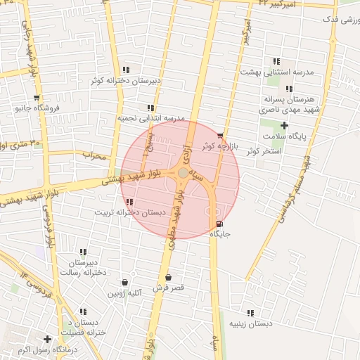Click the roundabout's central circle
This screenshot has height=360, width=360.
[183, 172]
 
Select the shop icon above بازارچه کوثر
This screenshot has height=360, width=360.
[220, 136]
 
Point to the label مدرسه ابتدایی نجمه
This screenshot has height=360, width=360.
[150, 118]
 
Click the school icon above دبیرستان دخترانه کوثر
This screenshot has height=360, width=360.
[126, 70]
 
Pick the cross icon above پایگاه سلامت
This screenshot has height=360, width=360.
[285, 124]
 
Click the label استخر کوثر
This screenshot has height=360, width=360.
[264, 151]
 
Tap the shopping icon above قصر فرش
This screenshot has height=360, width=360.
[167, 277]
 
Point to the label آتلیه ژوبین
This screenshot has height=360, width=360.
[124, 292]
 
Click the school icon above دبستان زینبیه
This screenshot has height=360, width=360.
[250, 313]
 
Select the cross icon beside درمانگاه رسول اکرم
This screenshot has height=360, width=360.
[47, 338]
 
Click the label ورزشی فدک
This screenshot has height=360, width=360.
[340, 20]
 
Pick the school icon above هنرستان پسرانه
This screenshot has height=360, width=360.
[289, 89]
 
